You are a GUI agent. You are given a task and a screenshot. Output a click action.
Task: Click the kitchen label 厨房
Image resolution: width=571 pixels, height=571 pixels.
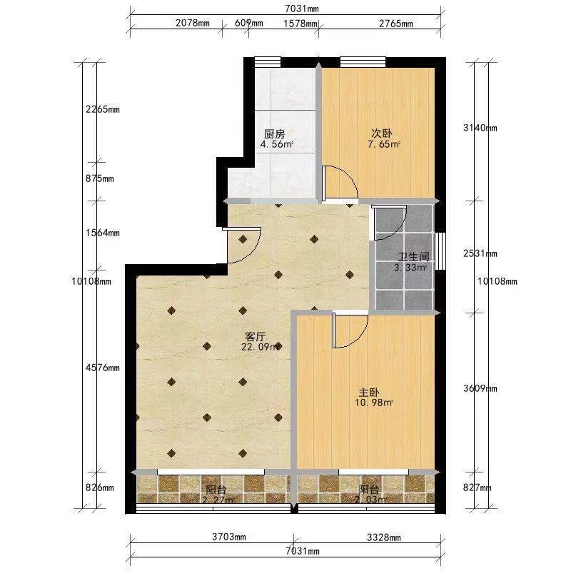[x=274, y=134]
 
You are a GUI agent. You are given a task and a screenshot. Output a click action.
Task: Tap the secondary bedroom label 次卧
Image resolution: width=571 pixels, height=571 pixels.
[x=382, y=133]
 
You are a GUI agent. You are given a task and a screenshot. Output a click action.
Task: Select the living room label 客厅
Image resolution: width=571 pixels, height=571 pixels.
[x=256, y=337]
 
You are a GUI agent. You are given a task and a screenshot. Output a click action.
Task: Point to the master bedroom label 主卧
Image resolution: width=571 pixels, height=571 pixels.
[x=369, y=393]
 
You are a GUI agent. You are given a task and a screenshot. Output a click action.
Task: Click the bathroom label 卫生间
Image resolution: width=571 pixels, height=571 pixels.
[x=413, y=257]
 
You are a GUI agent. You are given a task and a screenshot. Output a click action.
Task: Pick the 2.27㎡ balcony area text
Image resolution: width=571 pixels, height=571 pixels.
[x=218, y=500]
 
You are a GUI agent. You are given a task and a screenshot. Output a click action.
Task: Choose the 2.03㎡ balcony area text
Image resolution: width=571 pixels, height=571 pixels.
[x=370, y=500]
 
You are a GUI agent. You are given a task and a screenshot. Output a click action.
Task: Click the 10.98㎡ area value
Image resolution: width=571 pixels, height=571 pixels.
[x=374, y=403]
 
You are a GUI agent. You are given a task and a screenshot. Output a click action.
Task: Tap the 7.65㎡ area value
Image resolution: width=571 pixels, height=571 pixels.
[x=384, y=144]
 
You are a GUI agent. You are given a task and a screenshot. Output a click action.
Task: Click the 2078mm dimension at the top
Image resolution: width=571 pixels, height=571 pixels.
[x=193, y=24]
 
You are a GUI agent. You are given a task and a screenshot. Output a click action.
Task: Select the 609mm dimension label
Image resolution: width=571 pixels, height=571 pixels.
[x=248, y=23]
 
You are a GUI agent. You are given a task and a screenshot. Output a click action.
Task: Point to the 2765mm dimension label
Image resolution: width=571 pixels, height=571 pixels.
[x=396, y=24]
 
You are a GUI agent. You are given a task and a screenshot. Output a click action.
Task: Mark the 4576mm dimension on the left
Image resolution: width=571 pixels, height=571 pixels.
[x=102, y=368]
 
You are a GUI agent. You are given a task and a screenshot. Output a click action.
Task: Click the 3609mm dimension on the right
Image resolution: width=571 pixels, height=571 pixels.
[x=480, y=388]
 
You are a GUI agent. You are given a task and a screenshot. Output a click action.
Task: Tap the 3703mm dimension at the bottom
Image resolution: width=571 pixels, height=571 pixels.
[x=228, y=537]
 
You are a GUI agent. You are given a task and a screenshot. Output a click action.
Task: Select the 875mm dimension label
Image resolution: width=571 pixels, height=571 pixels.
[x=99, y=178]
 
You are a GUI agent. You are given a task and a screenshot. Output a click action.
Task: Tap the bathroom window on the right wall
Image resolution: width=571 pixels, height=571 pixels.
[x=440, y=251]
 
